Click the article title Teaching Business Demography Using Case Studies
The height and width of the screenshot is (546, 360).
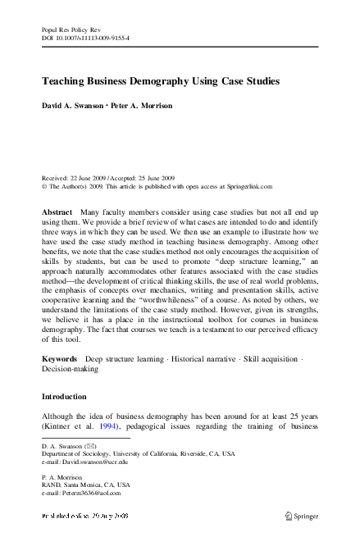click(161, 82)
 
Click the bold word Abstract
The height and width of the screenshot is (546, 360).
click(57, 212)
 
